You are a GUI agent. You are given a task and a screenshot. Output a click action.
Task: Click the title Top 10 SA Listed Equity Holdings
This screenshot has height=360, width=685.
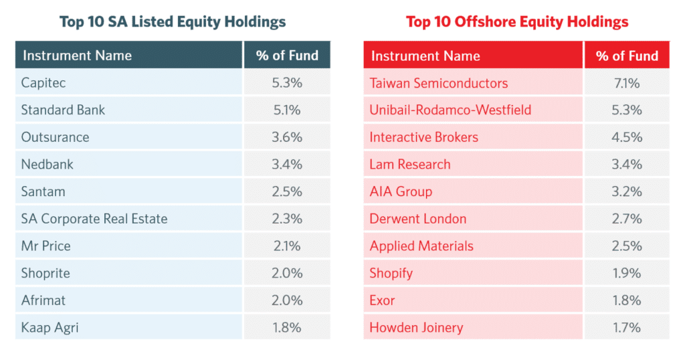(x=173, y=21)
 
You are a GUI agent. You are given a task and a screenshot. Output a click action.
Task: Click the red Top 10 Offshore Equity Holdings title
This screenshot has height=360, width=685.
(x=517, y=21)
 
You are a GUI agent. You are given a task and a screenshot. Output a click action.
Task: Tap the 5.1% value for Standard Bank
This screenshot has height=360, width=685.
(x=287, y=110)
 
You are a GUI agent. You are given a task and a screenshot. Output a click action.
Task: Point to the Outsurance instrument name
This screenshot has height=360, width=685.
(x=55, y=137)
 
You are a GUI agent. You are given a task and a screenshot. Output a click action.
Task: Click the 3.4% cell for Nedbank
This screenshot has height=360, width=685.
(x=287, y=164)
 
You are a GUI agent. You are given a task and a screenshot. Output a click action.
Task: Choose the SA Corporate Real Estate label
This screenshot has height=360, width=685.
(x=94, y=219)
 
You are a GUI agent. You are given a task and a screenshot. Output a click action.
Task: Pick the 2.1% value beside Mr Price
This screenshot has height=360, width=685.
(x=287, y=246)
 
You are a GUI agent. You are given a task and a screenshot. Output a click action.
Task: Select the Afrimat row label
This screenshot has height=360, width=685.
(x=43, y=300)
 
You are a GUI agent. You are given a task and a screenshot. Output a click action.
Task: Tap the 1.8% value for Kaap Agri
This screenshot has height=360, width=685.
(x=287, y=327)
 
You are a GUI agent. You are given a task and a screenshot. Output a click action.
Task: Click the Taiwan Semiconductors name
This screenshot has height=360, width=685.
(x=439, y=83)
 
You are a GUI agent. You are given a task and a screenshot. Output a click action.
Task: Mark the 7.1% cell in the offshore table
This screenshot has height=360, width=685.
(x=627, y=83)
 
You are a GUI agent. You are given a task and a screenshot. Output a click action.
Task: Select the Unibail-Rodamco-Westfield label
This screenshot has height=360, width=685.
(x=450, y=110)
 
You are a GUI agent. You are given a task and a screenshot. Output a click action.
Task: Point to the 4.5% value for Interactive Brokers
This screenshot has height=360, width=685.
(x=627, y=137)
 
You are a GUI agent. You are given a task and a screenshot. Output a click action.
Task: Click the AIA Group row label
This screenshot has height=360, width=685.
(x=401, y=191)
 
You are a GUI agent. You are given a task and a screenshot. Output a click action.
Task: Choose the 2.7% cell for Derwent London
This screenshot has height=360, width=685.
(x=627, y=219)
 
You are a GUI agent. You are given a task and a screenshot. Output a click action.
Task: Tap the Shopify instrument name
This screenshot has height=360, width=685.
(x=391, y=273)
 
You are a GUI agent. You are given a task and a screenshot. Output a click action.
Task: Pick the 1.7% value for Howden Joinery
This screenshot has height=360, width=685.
(x=627, y=327)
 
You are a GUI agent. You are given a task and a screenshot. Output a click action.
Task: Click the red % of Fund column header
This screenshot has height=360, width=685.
(x=627, y=56)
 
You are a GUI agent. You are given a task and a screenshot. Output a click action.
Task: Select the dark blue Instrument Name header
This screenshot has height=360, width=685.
(x=78, y=56)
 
